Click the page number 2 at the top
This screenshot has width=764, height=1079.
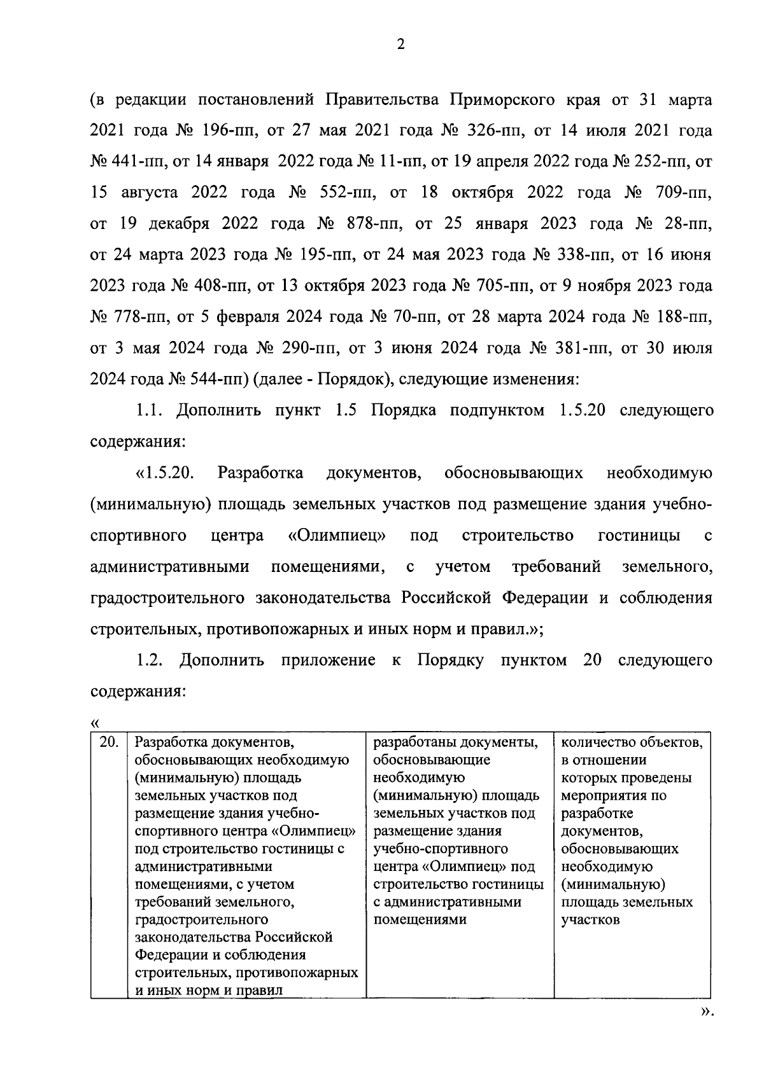click(x=400, y=44)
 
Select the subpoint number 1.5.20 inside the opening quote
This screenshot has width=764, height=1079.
click(x=169, y=473)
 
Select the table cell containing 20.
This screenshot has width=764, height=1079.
click(x=109, y=742)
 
